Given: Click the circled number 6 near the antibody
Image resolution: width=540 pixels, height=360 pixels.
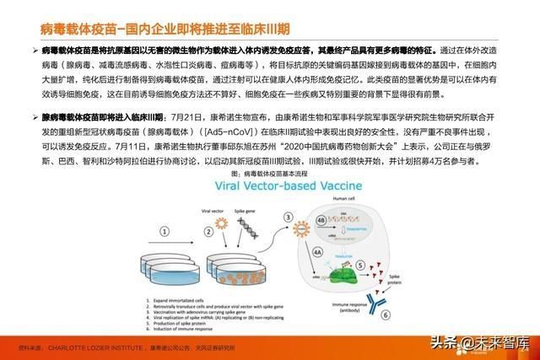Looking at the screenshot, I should click(384, 314).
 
